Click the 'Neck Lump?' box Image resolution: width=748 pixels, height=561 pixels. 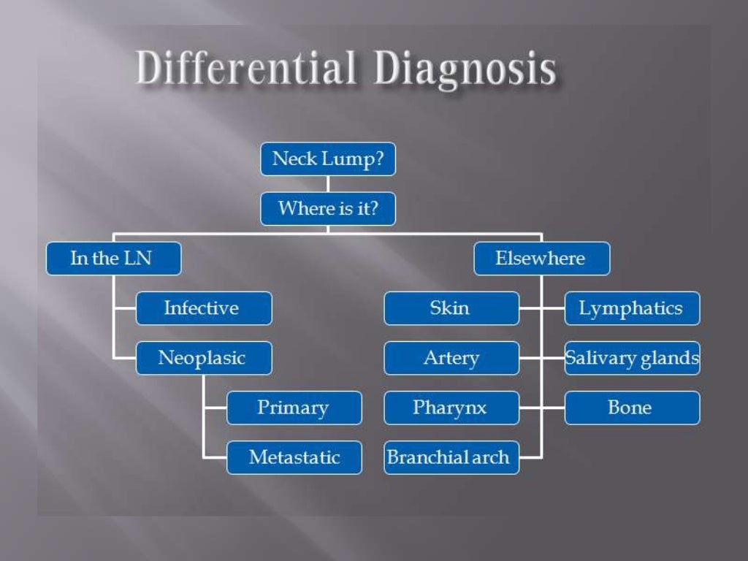tap(327, 159)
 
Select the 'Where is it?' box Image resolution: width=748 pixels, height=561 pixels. tap(327, 209)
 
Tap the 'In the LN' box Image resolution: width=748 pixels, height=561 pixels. tap(113, 259)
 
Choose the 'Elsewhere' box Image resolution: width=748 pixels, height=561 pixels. tap(541, 259)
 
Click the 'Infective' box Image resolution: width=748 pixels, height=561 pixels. tap(204, 308)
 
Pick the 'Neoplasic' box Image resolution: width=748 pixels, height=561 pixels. tap(204, 358)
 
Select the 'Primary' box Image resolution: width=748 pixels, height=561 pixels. tap(294, 408)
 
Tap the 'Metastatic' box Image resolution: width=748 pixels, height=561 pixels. tap(294, 457)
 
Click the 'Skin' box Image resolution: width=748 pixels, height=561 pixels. tap(451, 308)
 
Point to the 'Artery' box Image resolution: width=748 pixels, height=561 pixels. tap(451, 358)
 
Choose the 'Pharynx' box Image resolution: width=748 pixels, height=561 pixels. tap(451, 408)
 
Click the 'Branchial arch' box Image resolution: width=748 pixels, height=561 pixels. tap(451, 457)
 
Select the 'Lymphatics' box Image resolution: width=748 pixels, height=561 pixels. tap(632, 308)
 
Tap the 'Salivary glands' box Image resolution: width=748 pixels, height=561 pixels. tap(632, 358)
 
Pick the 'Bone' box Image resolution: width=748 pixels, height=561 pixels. tap(632, 408)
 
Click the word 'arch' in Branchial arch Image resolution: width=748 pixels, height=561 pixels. tap(490, 458)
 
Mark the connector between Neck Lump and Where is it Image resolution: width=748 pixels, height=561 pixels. tap(327, 184)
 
